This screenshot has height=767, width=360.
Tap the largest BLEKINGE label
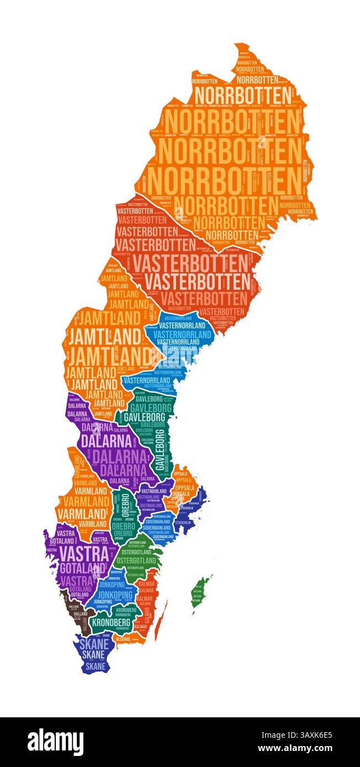point(124,639)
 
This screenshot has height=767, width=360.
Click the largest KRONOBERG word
point(112,622)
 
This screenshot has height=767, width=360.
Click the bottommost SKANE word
point(94,666)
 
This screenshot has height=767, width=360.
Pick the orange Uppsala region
point(182,486)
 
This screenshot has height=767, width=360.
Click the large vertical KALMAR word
point(147,615)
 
